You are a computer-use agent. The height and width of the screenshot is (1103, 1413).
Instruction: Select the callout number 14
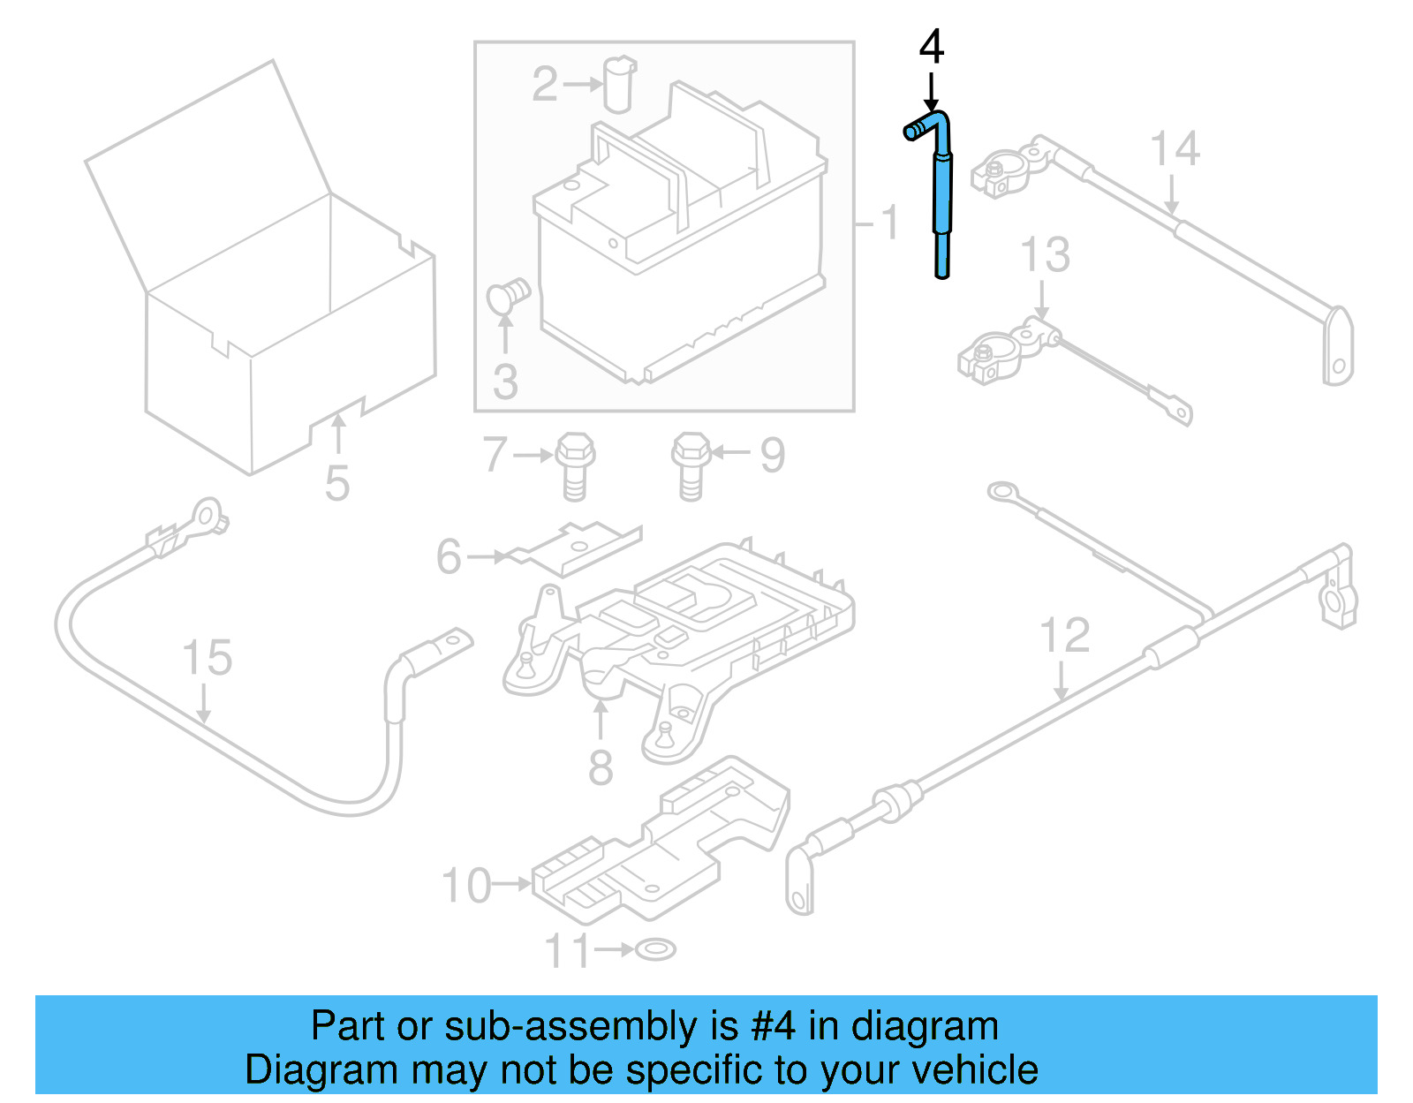click(1175, 149)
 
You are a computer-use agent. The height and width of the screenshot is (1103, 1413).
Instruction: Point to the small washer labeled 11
click(655, 949)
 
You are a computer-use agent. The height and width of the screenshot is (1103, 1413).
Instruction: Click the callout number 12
click(1064, 636)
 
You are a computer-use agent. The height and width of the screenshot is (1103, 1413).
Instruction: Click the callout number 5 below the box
click(337, 483)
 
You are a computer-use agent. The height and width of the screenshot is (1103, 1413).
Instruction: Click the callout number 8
click(601, 767)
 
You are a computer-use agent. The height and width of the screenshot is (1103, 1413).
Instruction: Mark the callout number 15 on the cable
click(207, 658)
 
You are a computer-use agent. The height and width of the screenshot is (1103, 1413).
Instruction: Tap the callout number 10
click(466, 886)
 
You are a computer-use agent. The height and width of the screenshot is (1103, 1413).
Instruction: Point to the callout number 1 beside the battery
click(889, 223)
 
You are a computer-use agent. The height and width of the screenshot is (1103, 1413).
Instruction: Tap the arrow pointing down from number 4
click(932, 93)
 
